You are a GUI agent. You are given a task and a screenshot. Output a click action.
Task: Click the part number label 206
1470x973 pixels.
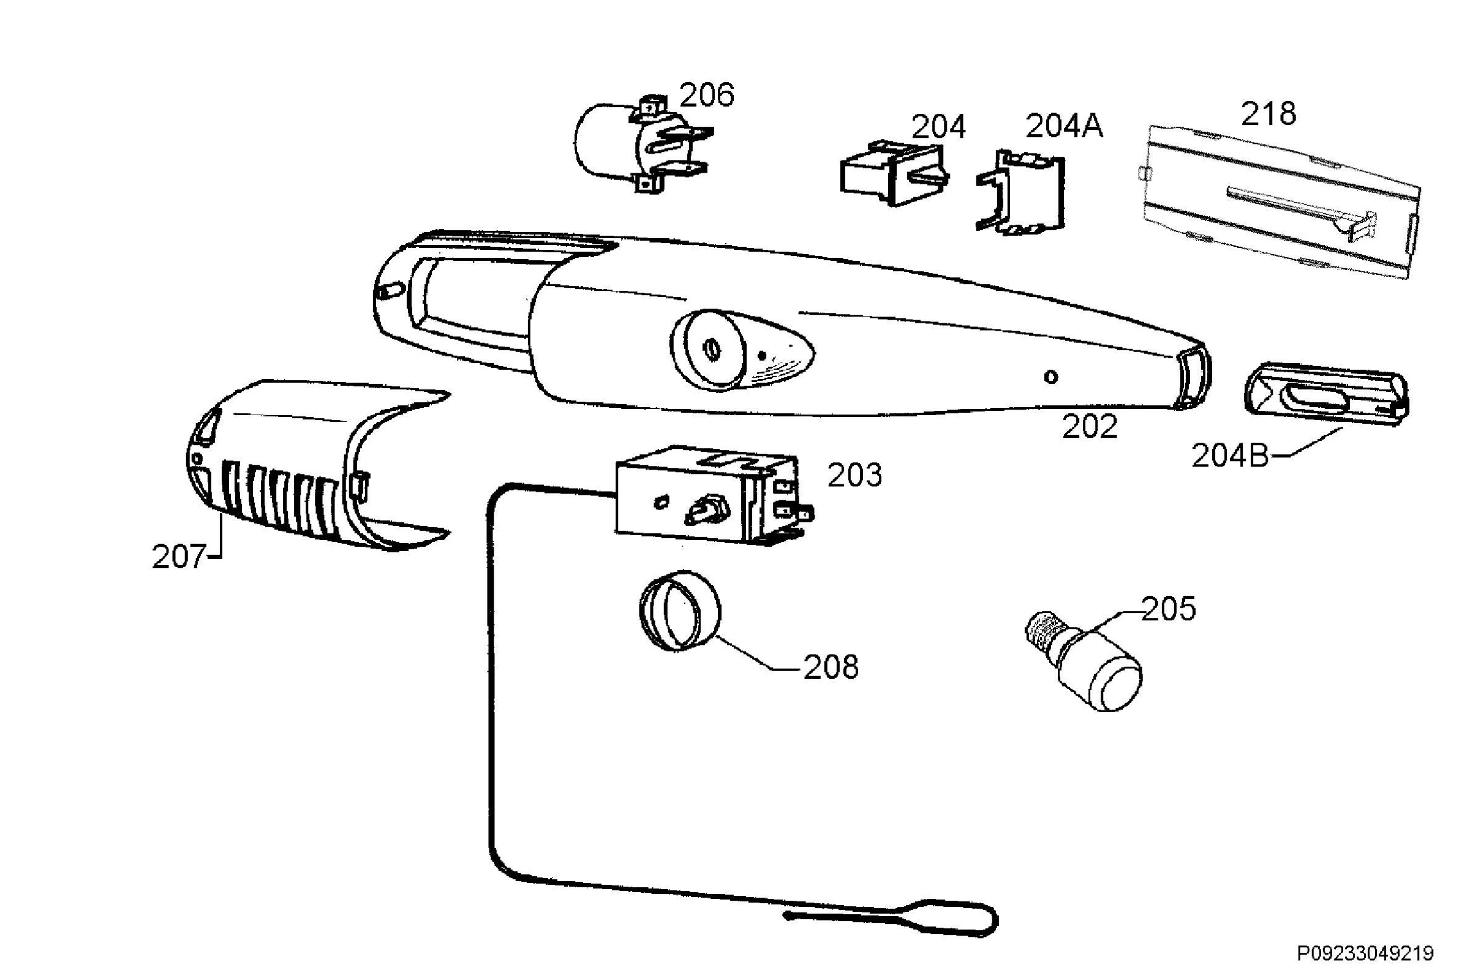[x=707, y=96]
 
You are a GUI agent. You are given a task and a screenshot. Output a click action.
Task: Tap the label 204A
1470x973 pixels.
[x=1063, y=127]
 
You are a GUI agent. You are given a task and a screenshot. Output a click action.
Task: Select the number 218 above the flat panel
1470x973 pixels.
[x=1268, y=114]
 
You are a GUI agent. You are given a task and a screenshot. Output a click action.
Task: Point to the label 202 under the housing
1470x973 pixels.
[x=1090, y=427]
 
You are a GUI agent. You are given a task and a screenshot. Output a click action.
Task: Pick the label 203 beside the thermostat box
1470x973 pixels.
[x=854, y=476]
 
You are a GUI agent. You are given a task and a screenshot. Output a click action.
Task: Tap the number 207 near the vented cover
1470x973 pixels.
[x=178, y=557]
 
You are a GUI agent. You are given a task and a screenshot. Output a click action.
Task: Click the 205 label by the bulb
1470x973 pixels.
[x=1168, y=609]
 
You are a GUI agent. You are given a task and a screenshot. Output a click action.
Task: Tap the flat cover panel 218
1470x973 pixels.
[x=1278, y=198]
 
